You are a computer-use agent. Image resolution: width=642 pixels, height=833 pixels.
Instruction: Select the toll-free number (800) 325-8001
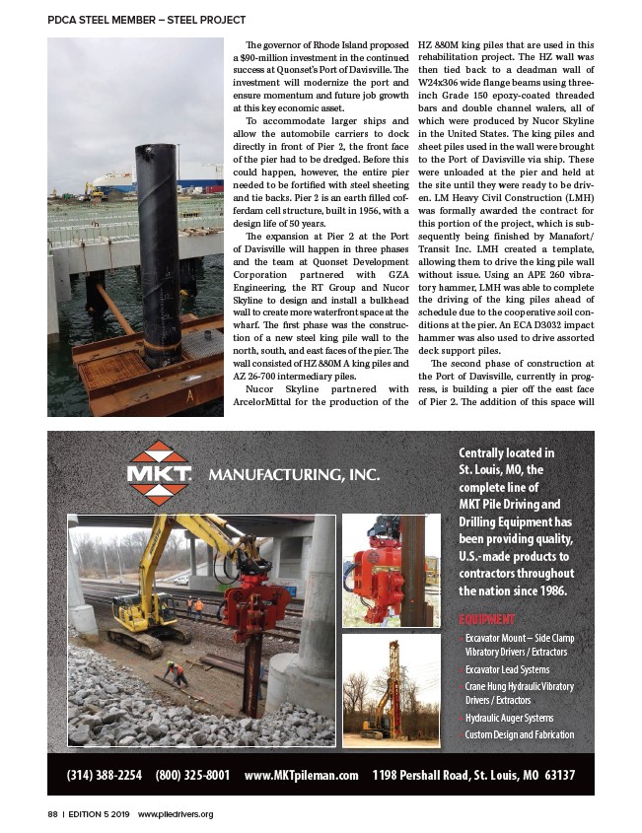point(192,775)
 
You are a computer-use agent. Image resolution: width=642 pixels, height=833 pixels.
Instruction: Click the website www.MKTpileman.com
point(301,775)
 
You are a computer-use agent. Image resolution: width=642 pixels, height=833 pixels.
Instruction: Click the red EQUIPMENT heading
point(486,619)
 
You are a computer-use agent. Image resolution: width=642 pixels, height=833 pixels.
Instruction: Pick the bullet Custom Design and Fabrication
point(519,734)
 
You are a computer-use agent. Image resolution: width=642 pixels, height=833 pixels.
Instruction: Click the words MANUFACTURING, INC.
point(292,476)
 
